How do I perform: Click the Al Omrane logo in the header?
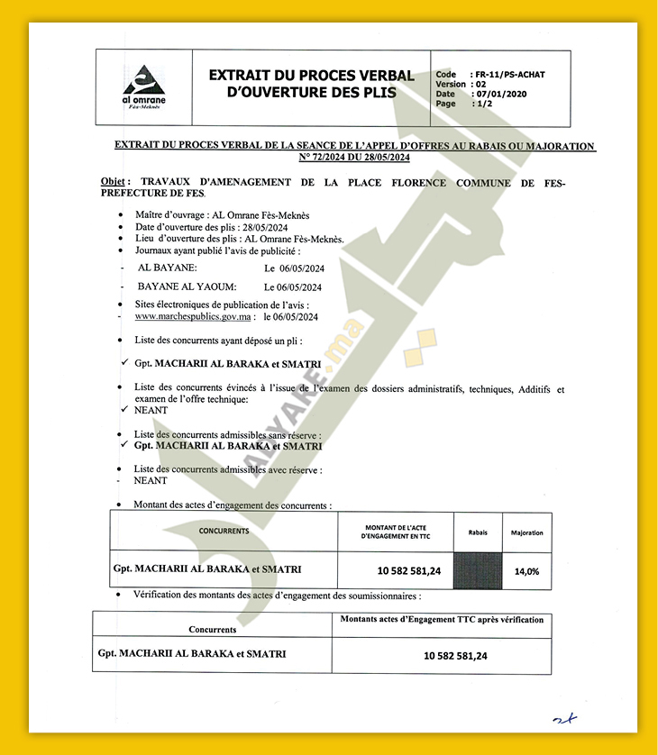point(143,86)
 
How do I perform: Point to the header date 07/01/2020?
point(500,94)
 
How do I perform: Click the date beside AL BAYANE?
point(293,268)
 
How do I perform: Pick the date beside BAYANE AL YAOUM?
point(293,287)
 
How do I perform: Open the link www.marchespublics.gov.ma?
point(192,317)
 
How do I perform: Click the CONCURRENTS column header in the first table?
point(224,531)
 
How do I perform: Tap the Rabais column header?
point(477,532)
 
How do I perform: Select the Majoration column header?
point(526,532)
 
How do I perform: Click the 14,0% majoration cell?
point(526,571)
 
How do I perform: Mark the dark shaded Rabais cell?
point(477,570)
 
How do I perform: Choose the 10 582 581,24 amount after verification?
point(455,656)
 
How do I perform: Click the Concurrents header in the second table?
point(212,630)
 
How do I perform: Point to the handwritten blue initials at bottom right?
point(564,718)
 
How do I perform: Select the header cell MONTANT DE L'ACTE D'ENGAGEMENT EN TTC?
point(396,531)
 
